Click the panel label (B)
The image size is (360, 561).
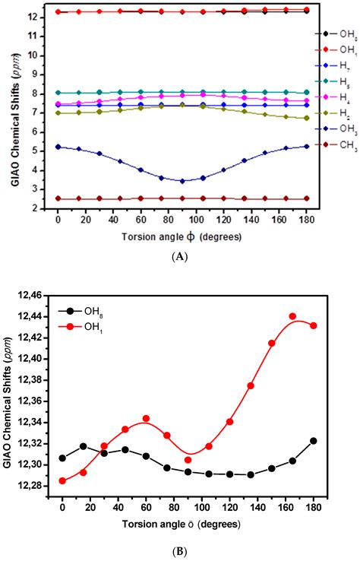(180, 544)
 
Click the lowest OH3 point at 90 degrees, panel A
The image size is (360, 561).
(182, 160)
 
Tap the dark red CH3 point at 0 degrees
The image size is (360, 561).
(58, 198)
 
